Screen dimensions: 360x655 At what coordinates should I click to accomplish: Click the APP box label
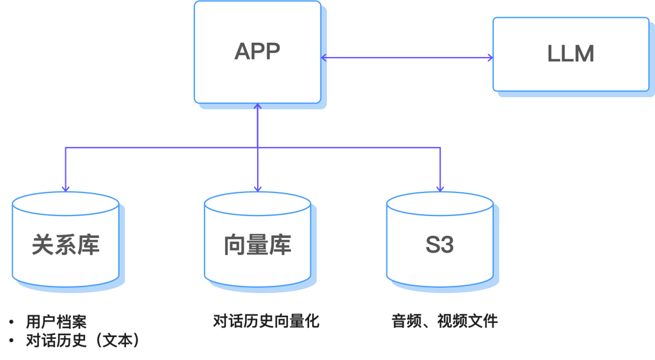pyautogui.click(x=257, y=52)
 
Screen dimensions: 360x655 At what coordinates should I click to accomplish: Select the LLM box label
pyautogui.click(x=571, y=54)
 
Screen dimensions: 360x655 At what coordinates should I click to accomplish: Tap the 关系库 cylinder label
pyautogui.click(x=66, y=245)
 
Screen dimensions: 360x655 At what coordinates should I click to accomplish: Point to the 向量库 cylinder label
pyautogui.click(x=257, y=245)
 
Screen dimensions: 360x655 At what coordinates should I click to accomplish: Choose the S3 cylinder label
pyautogui.click(x=439, y=245)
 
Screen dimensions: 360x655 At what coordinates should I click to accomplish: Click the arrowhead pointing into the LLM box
pyautogui.click(x=489, y=58)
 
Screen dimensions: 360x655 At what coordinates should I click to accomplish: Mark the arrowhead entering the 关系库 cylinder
pyautogui.click(x=66, y=188)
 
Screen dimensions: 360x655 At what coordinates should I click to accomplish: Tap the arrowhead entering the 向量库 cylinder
pyautogui.click(x=257, y=188)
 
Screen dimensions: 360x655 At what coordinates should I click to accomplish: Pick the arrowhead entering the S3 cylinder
pyautogui.click(x=440, y=188)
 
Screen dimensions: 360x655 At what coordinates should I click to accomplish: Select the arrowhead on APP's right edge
pyautogui.click(x=324, y=58)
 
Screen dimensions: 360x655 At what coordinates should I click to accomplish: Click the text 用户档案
pyautogui.click(x=56, y=322)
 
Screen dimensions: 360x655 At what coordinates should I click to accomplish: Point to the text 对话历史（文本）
pyautogui.click(x=83, y=340)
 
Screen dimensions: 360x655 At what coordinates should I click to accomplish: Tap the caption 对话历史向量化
pyautogui.click(x=266, y=321)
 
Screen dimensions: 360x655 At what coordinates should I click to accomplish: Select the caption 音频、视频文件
pyautogui.click(x=445, y=321)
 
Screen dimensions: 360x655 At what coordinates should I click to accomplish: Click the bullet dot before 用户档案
pyautogui.click(x=12, y=322)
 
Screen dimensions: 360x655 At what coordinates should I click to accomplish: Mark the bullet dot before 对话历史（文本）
pyautogui.click(x=12, y=340)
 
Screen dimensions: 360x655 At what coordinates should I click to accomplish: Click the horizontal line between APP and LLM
pyautogui.click(x=407, y=58)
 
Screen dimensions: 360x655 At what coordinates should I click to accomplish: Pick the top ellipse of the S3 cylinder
pyautogui.click(x=439, y=203)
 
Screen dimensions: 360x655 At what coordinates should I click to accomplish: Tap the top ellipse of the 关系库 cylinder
pyautogui.click(x=66, y=203)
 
